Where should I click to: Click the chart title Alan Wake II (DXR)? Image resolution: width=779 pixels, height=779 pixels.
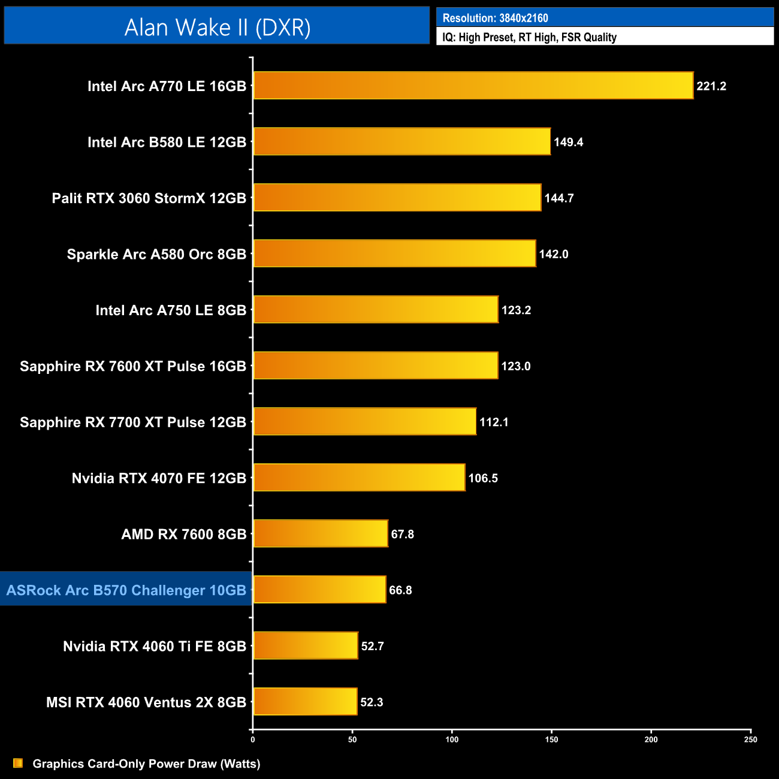click(x=217, y=28)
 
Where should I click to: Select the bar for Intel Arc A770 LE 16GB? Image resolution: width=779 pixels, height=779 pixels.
click(x=473, y=86)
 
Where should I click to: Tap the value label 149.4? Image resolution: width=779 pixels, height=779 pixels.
click(x=568, y=142)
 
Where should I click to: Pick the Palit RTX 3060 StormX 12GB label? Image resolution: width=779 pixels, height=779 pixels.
click(x=149, y=198)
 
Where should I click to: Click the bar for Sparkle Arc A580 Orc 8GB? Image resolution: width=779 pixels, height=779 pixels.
click(x=394, y=253)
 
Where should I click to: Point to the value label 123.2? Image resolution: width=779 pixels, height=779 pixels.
click(x=516, y=310)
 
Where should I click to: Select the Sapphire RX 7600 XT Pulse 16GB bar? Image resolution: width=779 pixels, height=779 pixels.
click(x=375, y=366)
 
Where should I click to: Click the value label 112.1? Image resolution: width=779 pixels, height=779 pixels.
click(x=494, y=422)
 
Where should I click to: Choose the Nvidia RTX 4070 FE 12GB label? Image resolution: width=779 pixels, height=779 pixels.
click(x=159, y=478)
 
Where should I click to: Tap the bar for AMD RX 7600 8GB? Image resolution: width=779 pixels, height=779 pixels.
click(x=321, y=533)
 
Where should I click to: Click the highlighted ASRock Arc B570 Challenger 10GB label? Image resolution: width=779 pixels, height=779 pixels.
click(x=126, y=590)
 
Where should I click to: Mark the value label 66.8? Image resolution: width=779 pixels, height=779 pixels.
click(x=400, y=590)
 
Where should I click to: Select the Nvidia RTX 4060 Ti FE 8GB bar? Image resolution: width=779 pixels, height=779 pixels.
click(x=306, y=645)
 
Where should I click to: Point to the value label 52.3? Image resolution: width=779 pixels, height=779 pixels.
click(x=372, y=702)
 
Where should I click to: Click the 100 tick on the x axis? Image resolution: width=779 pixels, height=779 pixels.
click(x=452, y=739)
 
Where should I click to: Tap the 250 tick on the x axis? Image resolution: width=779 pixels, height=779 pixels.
click(x=750, y=739)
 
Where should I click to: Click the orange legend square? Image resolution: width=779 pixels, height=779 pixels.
click(x=18, y=763)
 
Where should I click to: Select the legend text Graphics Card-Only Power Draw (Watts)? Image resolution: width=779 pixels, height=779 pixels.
click(x=146, y=764)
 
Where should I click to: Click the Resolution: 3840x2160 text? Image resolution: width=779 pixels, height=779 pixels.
click(x=495, y=18)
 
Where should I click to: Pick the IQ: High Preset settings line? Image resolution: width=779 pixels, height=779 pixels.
click(x=529, y=37)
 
